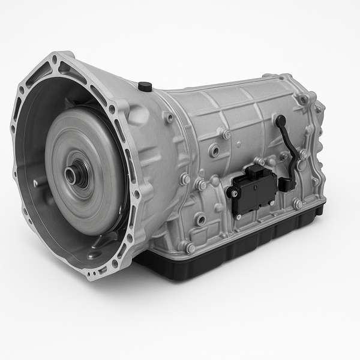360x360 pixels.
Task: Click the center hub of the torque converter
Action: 75,175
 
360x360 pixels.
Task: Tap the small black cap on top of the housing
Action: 145,86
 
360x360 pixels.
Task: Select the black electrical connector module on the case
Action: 251,191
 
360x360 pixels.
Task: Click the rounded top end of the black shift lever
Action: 280,120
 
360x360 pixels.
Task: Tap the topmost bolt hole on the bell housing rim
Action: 55,60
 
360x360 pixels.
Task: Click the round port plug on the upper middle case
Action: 214,151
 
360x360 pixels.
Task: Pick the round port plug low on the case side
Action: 200,220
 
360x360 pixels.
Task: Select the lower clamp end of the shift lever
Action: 287,184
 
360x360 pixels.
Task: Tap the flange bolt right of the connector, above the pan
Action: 298,204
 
